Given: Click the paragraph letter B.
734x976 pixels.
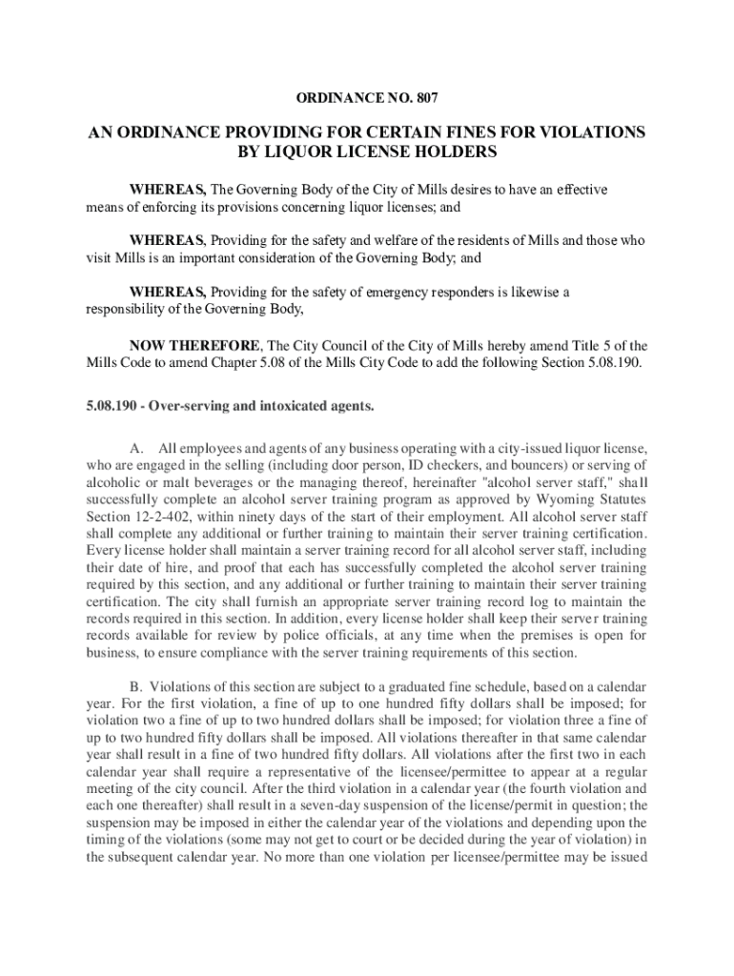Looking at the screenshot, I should point(136,686).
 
